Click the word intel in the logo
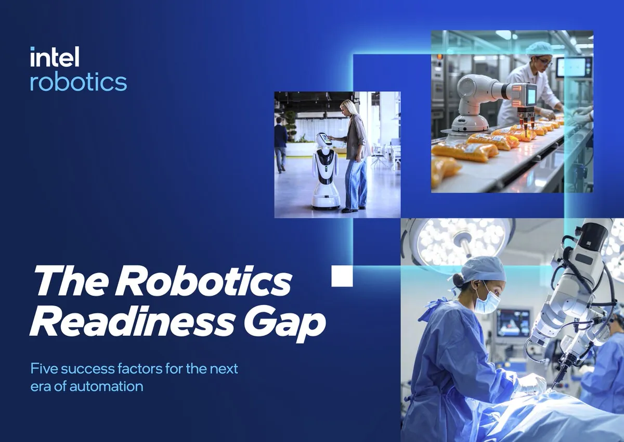click(55, 56)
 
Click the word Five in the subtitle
click(44, 369)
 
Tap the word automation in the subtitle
click(106, 386)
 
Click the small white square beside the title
click(342, 276)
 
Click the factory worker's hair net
click(537, 47)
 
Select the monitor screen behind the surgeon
click(514, 323)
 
